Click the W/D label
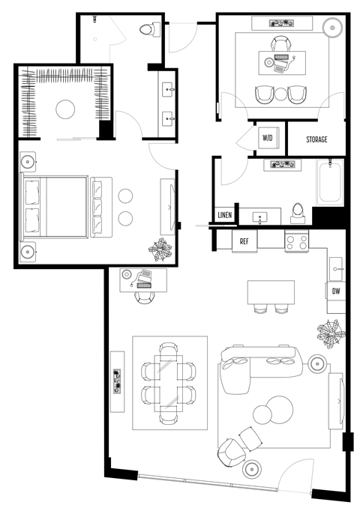267,139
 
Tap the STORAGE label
316,139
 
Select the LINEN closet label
224,216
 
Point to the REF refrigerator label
244,241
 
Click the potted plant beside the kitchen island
330,330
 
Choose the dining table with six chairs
169,382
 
